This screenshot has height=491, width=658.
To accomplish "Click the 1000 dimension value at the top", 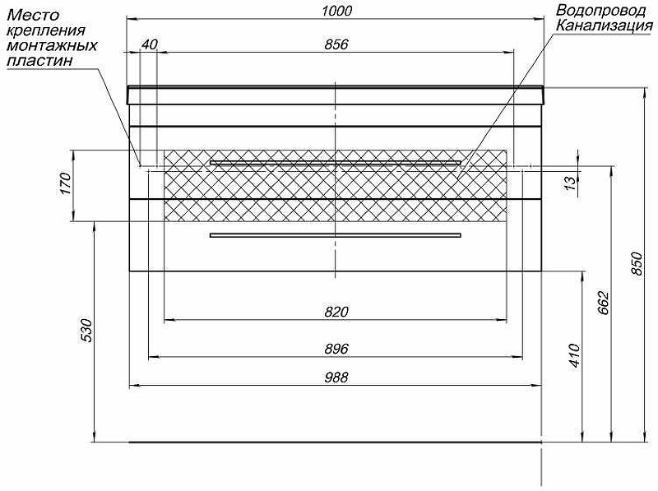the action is [336, 11].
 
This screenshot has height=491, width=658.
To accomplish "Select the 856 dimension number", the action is [336, 44].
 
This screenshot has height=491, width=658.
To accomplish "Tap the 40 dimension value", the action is [149, 44].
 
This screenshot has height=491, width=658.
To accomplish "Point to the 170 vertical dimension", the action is [66, 183].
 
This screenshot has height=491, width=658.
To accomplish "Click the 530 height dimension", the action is [86, 331].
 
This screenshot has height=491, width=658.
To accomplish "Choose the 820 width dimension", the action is [336, 312].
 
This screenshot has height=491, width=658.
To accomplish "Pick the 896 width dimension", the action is [336, 349].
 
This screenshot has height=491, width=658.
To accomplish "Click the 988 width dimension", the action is [336, 378].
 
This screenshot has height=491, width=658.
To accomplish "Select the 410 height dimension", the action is [574, 356].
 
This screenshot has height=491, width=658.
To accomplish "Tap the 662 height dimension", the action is [602, 303].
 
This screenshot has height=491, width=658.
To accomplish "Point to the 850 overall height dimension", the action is [637, 263].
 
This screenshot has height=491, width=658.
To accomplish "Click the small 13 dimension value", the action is [570, 183].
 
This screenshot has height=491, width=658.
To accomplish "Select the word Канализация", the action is [605, 25].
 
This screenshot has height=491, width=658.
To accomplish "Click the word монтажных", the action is [52, 45].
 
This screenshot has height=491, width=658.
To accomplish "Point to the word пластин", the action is [39, 60].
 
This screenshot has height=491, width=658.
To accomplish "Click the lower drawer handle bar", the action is [336, 235].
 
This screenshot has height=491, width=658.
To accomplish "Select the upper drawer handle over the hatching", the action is [336, 162].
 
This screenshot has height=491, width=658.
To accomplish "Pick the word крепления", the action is [46, 30].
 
